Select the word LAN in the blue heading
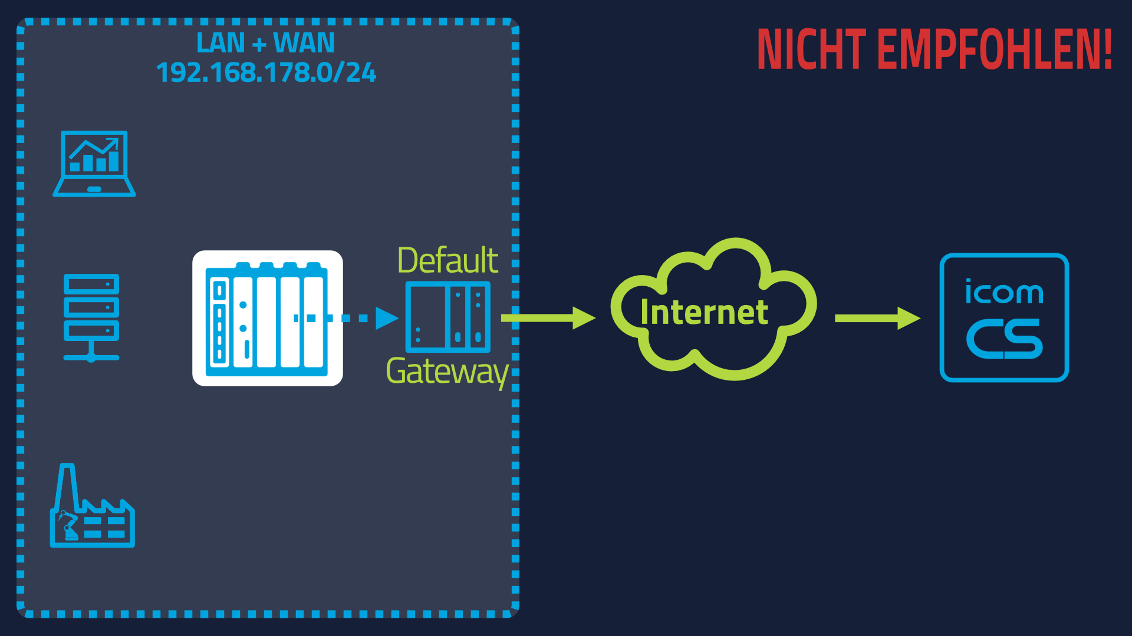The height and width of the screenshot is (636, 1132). [221, 43]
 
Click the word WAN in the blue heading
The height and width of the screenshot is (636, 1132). [304, 43]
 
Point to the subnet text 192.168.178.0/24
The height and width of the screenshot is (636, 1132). [266, 72]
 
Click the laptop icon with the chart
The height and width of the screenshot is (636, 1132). [94, 163]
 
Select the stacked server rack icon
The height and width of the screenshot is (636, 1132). [91, 317]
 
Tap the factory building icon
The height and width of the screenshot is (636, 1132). [93, 505]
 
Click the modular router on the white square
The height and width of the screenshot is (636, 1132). [267, 319]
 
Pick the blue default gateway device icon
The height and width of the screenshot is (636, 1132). [448, 316]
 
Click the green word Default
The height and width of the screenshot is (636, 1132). [448, 260]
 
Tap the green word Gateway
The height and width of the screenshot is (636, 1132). [447, 372]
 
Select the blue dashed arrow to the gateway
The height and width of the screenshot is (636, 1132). [346, 318]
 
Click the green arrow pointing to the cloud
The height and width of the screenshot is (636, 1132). [548, 318]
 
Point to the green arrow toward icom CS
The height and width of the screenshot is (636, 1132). [878, 318]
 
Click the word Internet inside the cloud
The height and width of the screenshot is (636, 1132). [705, 312]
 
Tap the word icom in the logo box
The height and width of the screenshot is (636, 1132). [1004, 291]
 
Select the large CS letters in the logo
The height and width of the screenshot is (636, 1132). [1005, 339]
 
